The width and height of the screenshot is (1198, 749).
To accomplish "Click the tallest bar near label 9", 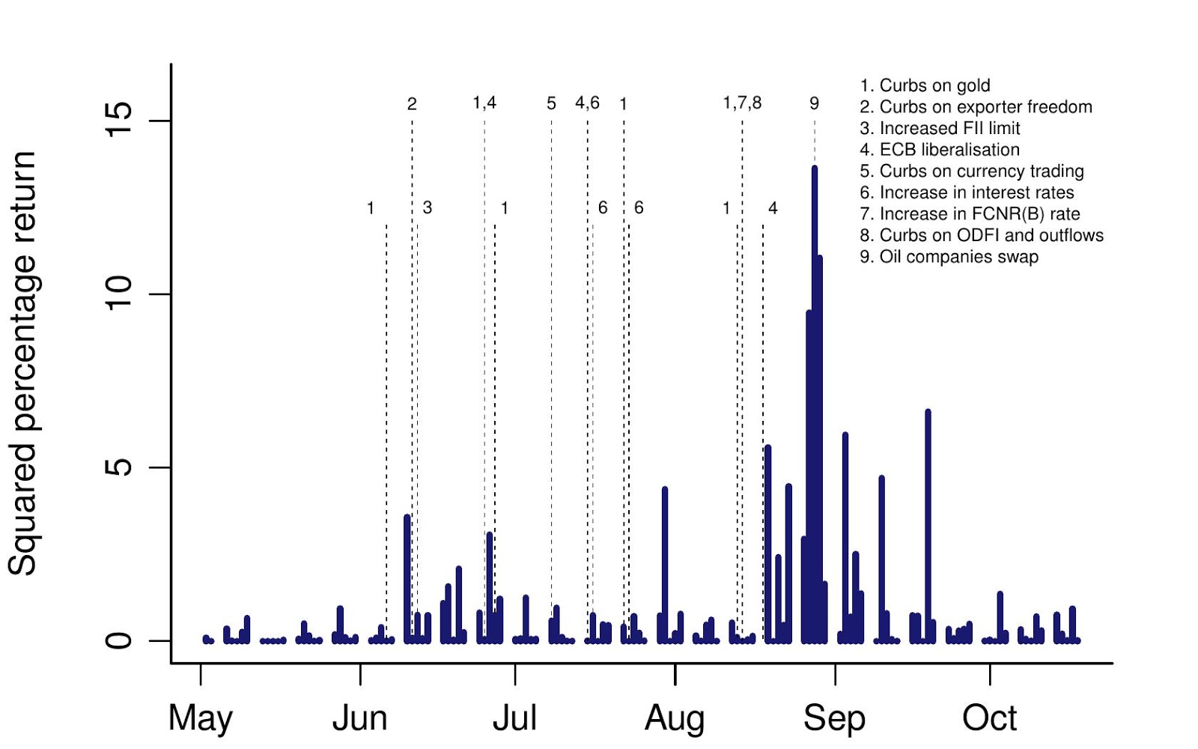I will pos(815,404).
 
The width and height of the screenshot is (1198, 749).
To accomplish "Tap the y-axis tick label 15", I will pos(119,120).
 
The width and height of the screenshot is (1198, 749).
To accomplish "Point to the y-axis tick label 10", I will pos(119,294).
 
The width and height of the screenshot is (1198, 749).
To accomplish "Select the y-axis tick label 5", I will pos(119,467).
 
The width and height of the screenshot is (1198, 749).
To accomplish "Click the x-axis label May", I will pos(200,718).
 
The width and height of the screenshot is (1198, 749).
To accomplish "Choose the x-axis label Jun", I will pos(359,718).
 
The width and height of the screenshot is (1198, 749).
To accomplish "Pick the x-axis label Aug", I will pos(675,718).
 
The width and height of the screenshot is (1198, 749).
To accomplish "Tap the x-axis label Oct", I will pos(989,718).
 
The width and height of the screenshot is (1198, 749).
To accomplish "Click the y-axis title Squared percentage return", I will pos(23,363).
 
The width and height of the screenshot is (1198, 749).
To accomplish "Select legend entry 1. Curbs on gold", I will pos(925,85).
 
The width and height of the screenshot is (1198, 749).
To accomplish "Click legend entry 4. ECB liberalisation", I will pos(940,150).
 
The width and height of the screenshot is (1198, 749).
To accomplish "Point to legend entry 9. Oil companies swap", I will pos(949,257).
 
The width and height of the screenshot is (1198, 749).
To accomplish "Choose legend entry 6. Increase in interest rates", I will pos(967,192).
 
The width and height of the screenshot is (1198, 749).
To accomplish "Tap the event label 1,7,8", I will pos(742,103).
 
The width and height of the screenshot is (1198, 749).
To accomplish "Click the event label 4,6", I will pos(587,103).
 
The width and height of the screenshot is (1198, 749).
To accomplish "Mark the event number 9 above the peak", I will pos(814,103).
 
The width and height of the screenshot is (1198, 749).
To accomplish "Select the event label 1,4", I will pos(484,103).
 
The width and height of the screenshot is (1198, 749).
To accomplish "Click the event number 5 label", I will pos(551,103).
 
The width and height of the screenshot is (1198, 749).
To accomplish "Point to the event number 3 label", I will pos(427,207).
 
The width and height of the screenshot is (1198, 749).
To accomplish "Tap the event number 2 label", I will pos(412,104).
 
